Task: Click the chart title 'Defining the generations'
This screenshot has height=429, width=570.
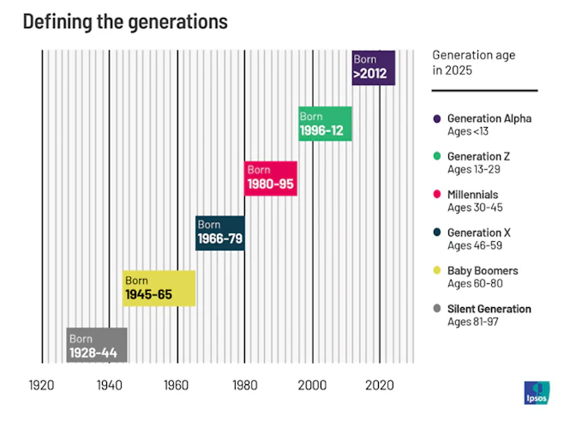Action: coord(125,22)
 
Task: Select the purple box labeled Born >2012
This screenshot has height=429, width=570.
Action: coord(374,68)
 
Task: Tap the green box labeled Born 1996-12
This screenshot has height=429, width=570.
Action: coord(325,124)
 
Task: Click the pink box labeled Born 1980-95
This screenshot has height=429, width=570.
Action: coord(271,178)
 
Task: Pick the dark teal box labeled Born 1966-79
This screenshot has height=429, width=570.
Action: coord(219,233)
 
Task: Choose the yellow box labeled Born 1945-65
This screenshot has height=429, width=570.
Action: coord(159,288)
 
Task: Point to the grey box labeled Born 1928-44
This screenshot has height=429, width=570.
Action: coord(97,344)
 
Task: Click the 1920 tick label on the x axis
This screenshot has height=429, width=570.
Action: coord(41,384)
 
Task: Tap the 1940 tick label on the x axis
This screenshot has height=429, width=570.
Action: coord(109,384)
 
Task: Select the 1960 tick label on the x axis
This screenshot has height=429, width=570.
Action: coord(177,384)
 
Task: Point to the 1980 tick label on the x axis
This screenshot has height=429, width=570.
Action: coord(244,384)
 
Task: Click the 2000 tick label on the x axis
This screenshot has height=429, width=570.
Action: coord(312,384)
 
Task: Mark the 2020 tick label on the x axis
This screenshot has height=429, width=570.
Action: coord(380,384)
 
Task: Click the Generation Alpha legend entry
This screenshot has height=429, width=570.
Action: coord(489,118)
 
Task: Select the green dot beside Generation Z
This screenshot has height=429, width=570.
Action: coord(437,157)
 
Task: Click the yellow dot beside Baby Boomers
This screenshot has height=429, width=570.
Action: coord(437,271)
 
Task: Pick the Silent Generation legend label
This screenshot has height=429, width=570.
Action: coord(489,309)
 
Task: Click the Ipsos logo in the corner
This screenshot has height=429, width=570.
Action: coord(537,394)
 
